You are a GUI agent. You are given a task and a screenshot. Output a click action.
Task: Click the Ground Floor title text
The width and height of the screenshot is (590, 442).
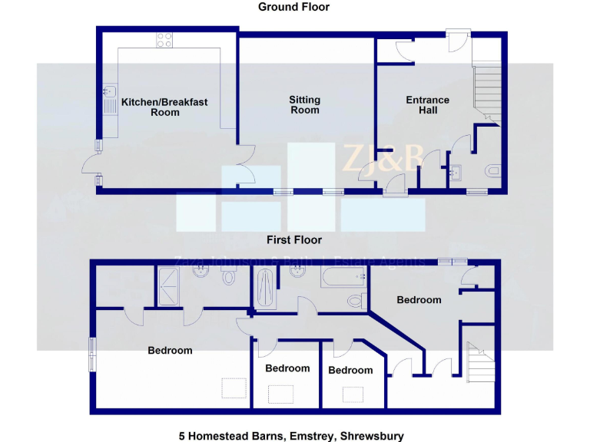pos(293,7)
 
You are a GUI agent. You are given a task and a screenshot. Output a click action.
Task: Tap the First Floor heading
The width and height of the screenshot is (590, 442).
pos(294,240)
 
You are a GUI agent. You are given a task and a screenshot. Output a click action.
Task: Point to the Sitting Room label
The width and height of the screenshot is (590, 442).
pos(304,104)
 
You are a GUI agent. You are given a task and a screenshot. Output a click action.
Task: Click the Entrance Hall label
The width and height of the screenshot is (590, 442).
pos(428,104)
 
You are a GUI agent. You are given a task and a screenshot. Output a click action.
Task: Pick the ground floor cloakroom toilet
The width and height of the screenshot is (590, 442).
pos(492,170)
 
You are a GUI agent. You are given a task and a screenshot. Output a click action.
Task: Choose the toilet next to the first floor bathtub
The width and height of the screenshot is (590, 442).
pos(355,300)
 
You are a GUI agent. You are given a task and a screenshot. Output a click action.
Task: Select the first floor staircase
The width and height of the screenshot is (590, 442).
pos(478,362)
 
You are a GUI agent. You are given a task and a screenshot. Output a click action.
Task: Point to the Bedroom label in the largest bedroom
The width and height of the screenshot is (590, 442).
pos(170,351)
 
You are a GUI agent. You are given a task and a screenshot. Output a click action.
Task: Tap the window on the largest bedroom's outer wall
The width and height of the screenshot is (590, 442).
pos(92,355)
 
